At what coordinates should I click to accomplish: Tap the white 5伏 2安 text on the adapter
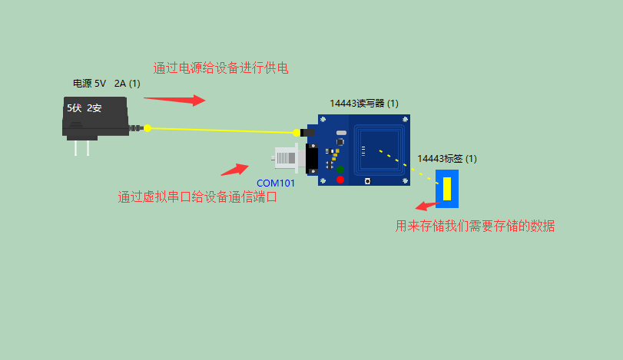click(x=84, y=108)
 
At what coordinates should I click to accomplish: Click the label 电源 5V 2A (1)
click(x=106, y=83)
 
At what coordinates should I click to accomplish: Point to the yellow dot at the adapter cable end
click(x=147, y=128)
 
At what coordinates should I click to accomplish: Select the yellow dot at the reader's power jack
click(x=297, y=133)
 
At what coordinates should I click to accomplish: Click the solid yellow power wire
click(x=223, y=130)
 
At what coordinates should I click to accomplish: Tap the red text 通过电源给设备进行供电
click(x=220, y=68)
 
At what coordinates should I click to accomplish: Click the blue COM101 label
click(x=276, y=183)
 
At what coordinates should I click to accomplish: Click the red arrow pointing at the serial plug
click(x=234, y=169)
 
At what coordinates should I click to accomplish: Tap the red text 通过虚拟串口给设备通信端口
click(x=197, y=197)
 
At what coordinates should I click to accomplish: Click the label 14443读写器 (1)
click(x=364, y=103)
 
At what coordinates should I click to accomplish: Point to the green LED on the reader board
click(x=340, y=169)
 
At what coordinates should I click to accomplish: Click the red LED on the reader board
click(x=340, y=180)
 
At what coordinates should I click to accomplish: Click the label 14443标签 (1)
click(x=447, y=159)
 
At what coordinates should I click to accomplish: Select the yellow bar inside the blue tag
click(x=446, y=189)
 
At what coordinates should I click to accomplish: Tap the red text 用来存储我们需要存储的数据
click(x=475, y=226)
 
